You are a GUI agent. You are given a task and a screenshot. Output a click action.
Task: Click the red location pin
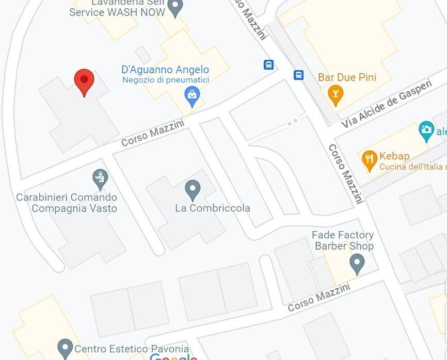click(84, 81)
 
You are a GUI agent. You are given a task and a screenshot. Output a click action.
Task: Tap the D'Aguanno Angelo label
click(165, 70)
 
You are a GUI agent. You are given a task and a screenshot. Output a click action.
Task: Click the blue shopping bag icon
click(192, 95)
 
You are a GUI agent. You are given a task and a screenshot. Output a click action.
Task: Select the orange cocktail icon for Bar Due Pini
click(336, 94)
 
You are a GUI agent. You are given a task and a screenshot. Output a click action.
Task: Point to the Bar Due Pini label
click(347, 77)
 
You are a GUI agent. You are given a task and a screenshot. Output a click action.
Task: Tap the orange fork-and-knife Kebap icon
click(369, 160)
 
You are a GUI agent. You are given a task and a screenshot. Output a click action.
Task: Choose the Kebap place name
click(394, 156)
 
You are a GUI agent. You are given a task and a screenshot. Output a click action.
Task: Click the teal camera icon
click(426, 130)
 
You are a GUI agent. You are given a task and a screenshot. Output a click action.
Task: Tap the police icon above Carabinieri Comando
click(100, 178)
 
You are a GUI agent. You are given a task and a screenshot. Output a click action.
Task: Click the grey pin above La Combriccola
click(193, 189)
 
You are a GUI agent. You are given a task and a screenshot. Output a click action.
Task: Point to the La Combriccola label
click(213, 208)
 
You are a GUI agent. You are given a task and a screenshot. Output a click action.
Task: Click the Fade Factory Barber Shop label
click(343, 240)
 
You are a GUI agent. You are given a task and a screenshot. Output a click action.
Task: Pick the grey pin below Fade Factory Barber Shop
click(357, 264)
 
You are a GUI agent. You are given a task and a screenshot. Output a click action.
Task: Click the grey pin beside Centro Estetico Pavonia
click(65, 348)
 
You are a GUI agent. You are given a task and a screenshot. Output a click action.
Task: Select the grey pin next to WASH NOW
click(176, 7)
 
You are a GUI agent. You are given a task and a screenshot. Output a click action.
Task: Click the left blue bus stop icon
click(268, 64)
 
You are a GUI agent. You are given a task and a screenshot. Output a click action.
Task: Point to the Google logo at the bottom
click(173, 356)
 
